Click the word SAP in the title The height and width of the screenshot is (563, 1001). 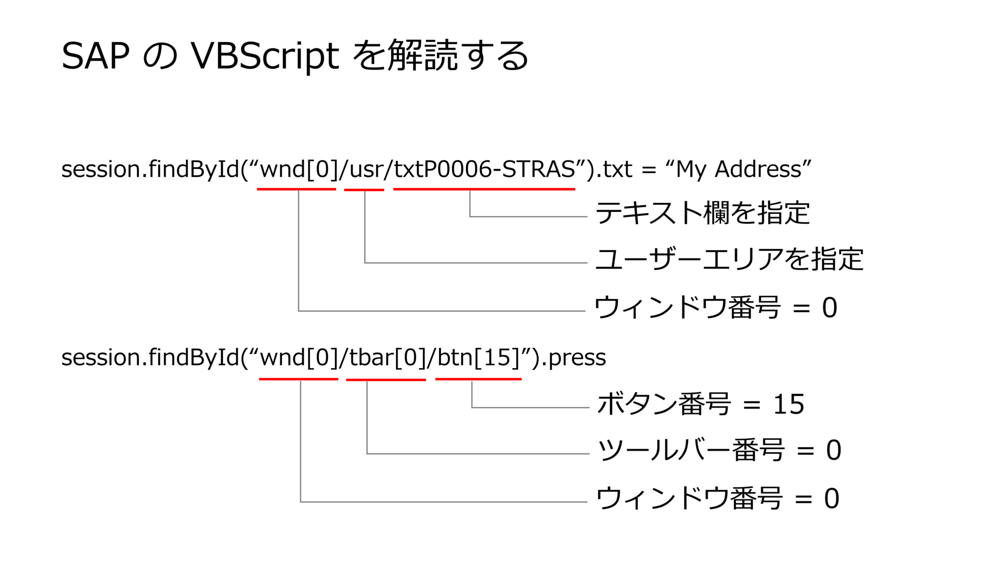[95, 56]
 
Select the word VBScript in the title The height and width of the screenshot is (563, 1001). [264, 56]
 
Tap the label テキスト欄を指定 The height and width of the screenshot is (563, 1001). [702, 213]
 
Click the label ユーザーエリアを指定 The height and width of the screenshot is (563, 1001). [729, 259]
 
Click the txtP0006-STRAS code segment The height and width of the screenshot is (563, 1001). [484, 170]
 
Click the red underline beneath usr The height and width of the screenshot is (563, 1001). [364, 190]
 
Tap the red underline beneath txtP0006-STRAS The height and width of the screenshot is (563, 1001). [484, 189]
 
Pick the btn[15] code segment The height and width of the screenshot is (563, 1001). [478, 358]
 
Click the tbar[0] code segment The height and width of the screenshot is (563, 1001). [386, 358]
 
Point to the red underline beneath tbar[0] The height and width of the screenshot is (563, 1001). [386, 379]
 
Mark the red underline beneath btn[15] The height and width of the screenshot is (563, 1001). [478, 379]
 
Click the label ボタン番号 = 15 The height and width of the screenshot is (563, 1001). [700, 404]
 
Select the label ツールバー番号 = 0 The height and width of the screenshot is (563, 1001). [719, 450]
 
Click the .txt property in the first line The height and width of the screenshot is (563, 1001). [615, 170]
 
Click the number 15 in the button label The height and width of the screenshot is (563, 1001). [788, 405]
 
